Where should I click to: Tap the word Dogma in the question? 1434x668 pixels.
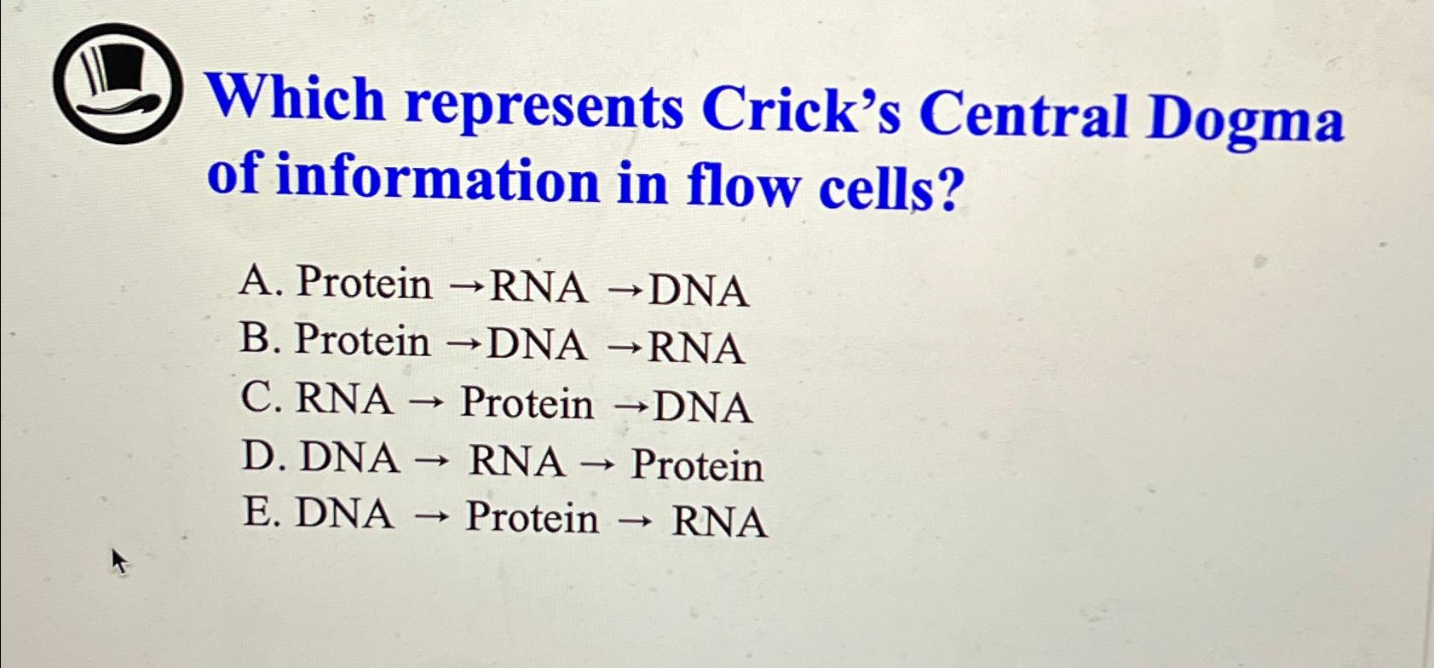(1245, 119)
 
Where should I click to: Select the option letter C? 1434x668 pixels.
(259, 397)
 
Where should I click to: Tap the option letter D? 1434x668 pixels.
(260, 456)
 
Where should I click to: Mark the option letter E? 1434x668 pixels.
(259, 514)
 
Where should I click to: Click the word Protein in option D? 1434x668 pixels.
(697, 466)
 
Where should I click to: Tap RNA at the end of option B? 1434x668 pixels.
(696, 348)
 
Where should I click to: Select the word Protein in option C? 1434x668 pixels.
(527, 403)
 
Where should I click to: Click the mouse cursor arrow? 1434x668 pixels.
(118, 561)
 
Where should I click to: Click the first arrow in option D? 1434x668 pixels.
(435, 462)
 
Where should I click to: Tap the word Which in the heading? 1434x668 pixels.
(298, 99)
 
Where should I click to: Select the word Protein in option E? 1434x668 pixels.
(532, 517)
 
